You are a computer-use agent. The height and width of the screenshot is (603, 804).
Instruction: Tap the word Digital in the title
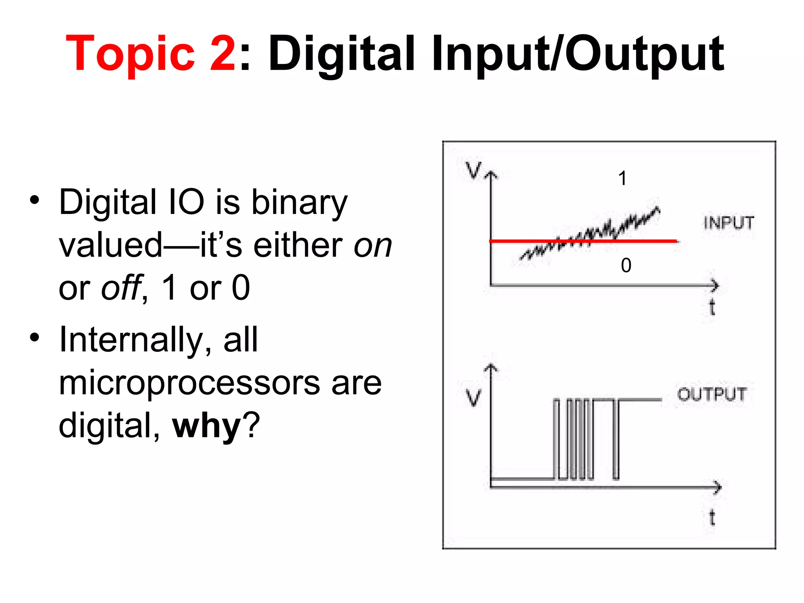(x=341, y=54)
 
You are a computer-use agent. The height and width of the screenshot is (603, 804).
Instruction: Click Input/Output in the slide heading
(x=577, y=54)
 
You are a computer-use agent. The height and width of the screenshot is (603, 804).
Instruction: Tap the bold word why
(x=206, y=426)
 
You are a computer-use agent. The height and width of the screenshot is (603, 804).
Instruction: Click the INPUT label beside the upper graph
(x=729, y=223)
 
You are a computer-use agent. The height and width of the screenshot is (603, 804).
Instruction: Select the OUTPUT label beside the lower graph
(x=712, y=394)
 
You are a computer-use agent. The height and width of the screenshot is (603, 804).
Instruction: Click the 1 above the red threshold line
(x=622, y=179)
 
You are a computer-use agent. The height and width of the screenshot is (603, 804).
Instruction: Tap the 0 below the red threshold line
(x=626, y=265)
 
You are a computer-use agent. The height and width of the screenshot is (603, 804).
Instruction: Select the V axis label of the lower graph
(x=473, y=397)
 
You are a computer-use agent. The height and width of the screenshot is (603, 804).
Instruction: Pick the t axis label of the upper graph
(x=712, y=307)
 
